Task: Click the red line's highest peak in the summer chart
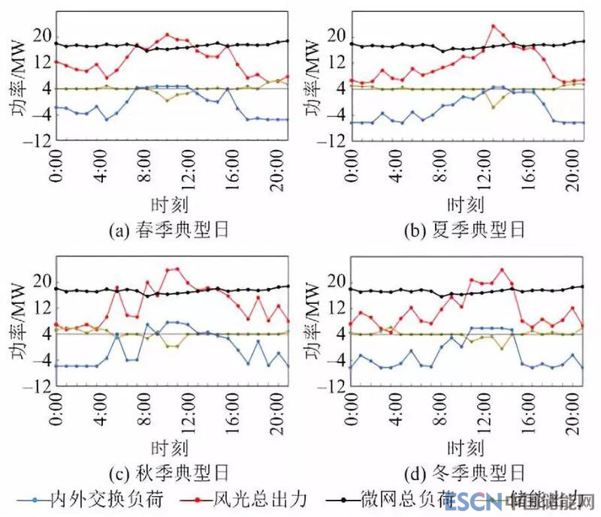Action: click(x=494, y=26)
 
